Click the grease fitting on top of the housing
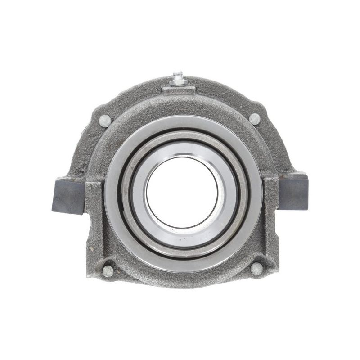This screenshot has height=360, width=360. point(179,78)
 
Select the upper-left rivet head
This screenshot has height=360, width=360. point(105,120)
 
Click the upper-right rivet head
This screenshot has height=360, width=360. point(255,119)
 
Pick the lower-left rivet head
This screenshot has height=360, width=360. point(108,271)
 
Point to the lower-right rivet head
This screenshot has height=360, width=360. point(256,269)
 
